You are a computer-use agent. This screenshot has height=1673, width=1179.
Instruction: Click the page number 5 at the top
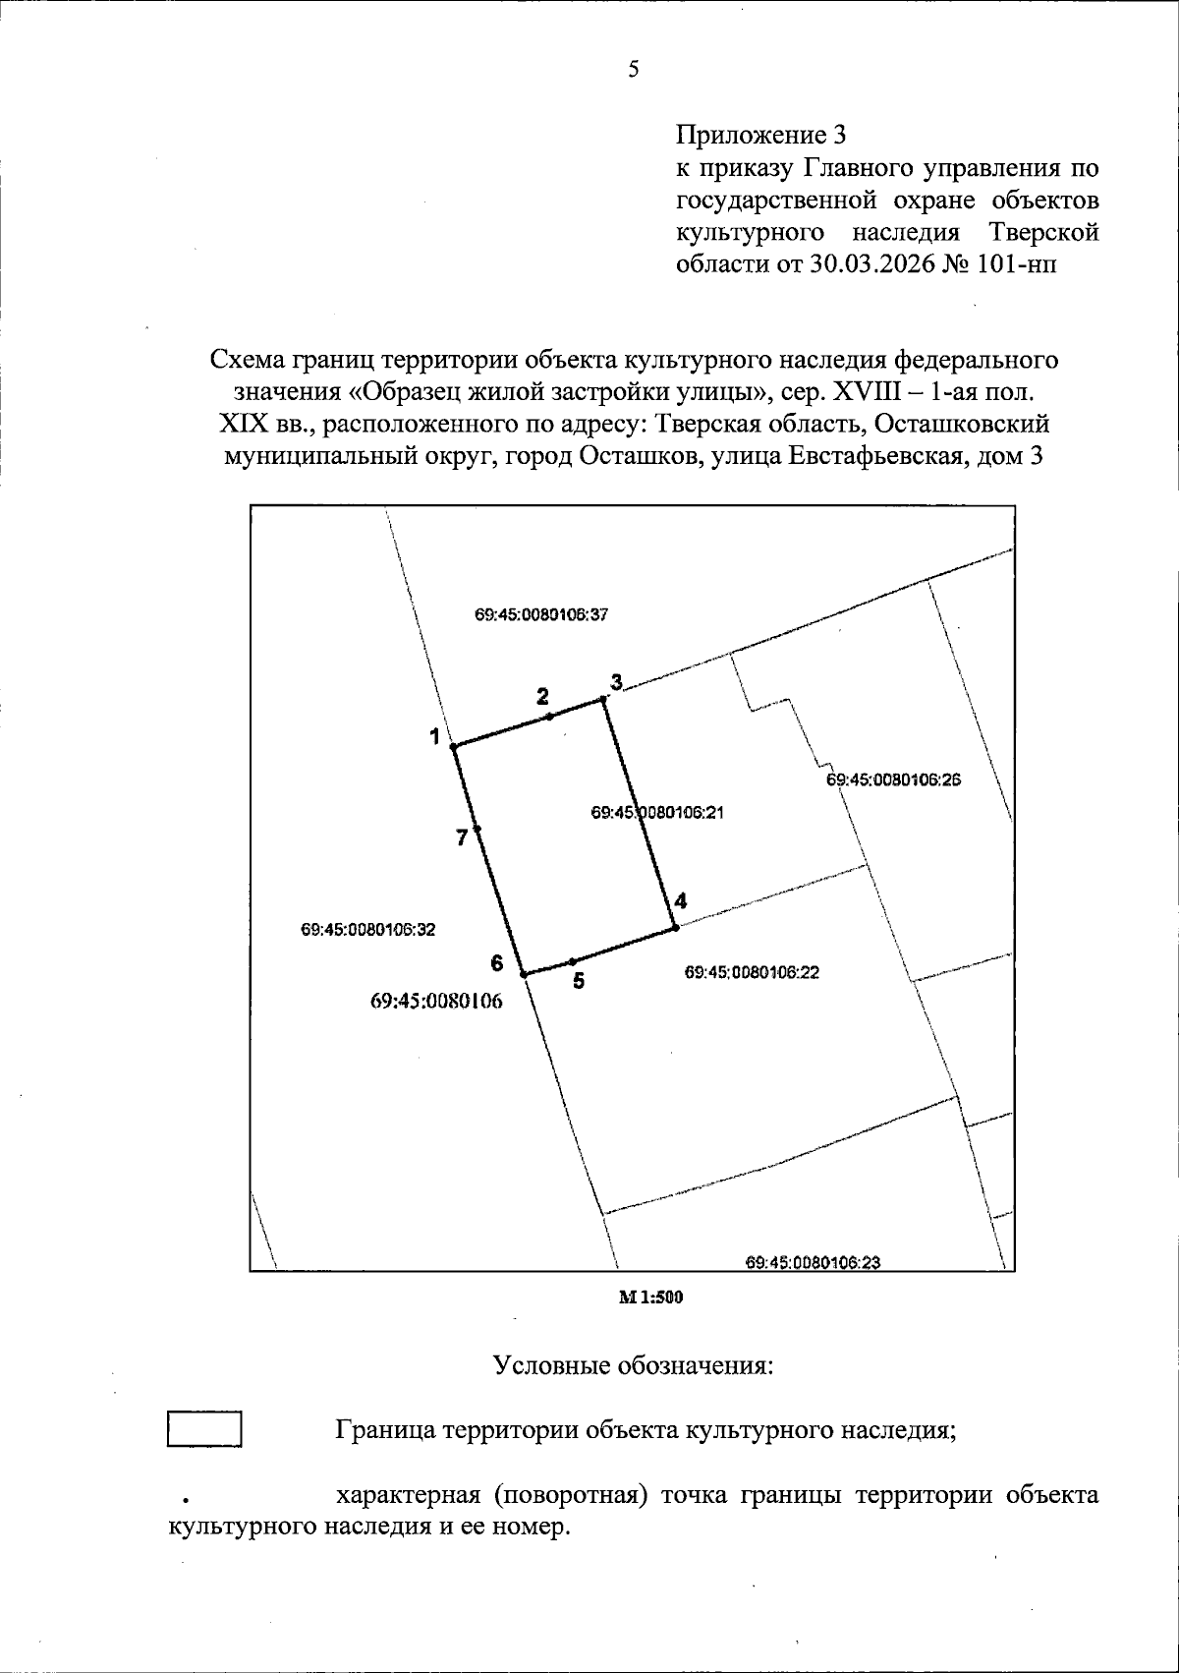coord(634,70)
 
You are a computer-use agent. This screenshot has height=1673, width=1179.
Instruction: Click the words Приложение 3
coord(760,135)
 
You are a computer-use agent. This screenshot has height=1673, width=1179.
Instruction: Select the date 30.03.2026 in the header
coord(869,265)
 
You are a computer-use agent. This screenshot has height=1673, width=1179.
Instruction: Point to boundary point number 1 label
coord(433,735)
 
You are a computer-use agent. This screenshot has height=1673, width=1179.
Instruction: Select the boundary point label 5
coord(580,980)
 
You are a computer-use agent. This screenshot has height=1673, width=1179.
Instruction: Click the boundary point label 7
coord(461,838)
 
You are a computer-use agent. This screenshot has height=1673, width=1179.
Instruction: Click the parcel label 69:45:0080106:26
coord(893,779)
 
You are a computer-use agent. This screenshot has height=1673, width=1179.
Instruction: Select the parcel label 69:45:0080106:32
coord(368,929)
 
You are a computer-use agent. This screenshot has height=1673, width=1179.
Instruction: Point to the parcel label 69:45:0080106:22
coord(752,972)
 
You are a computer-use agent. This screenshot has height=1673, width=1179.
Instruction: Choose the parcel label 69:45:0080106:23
coord(813,1262)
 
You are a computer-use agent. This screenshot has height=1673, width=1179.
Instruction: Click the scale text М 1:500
coord(649,1298)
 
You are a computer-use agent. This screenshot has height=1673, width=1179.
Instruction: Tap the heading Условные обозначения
coord(633,1366)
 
